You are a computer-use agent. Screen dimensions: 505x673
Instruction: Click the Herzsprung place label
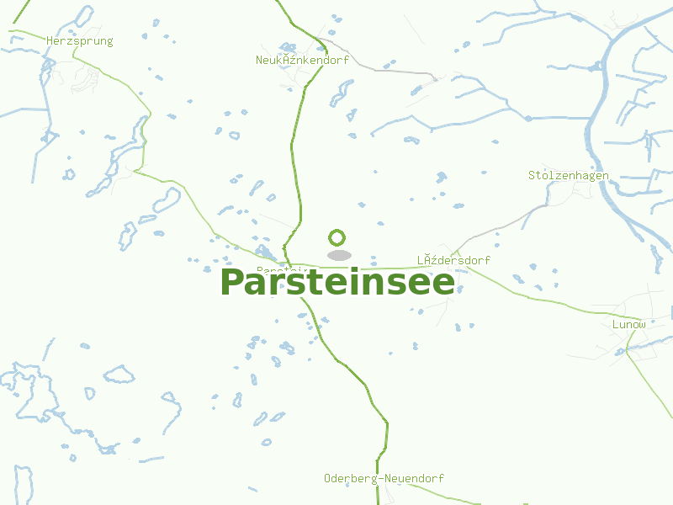point(80,40)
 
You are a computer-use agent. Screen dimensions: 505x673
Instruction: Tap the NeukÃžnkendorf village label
point(302,60)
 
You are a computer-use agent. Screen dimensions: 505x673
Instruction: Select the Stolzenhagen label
point(568,175)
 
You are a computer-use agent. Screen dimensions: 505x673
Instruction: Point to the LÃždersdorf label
point(453,260)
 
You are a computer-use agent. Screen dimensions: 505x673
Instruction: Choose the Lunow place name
point(629,324)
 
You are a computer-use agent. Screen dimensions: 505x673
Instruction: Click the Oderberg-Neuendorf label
point(384,478)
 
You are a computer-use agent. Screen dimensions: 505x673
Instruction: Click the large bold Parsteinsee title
point(336,283)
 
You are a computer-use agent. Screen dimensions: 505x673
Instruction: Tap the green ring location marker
point(337,237)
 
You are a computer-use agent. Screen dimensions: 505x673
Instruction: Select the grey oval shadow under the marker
point(339,255)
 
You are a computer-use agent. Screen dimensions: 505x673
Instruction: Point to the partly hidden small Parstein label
point(273,269)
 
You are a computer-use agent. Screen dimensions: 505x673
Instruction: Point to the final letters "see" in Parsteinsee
point(425,283)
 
